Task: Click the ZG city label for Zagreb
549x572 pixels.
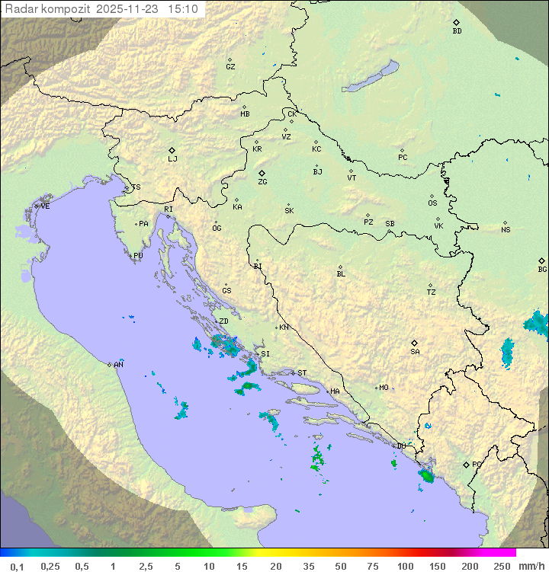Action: (x=262, y=183)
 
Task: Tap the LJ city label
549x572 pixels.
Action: (x=172, y=159)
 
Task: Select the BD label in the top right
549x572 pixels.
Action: (x=457, y=31)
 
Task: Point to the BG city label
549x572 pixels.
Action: (x=542, y=270)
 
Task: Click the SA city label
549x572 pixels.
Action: (x=415, y=352)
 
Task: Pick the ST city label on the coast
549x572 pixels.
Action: (x=302, y=373)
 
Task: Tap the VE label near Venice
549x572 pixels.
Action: (x=45, y=206)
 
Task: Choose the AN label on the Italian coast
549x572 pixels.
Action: (x=118, y=365)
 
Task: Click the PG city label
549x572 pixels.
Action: (x=477, y=465)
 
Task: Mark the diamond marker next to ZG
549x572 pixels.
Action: (x=262, y=174)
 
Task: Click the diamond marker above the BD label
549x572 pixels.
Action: (x=456, y=23)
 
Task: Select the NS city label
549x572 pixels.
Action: (x=506, y=230)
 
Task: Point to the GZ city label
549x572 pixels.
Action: (x=230, y=67)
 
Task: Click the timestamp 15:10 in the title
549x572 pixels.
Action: (x=185, y=9)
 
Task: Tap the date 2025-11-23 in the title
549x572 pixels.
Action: (x=129, y=9)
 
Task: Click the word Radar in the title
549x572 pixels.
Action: (x=21, y=9)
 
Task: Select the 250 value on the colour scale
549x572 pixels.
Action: (x=502, y=566)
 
